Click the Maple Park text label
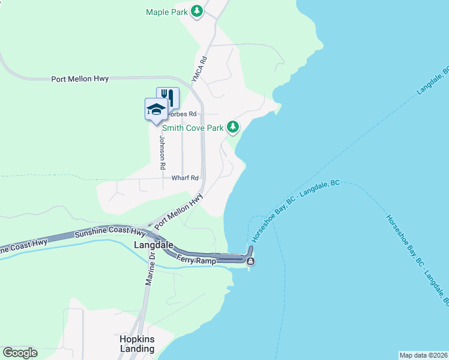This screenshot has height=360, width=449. tap(167, 11)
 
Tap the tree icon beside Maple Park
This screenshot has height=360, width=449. tap(196, 11)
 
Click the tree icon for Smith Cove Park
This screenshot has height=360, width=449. tap(233, 127)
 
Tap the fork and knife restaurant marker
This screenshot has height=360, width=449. tap(168, 97)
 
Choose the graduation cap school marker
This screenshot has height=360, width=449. tap(156, 109)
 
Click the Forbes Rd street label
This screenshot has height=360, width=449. tap(183, 114)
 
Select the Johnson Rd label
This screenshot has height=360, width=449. tap(161, 151)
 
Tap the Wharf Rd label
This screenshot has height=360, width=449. tap(185, 178)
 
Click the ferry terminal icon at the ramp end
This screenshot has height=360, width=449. tap(250, 261)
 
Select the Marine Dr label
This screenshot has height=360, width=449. tap(149, 269)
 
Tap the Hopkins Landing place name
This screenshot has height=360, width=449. tap(137, 344)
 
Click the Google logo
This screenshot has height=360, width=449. tap(20, 353)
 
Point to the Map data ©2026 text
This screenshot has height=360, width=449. tap(423, 355)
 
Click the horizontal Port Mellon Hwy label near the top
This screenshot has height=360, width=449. tap(80, 79)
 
